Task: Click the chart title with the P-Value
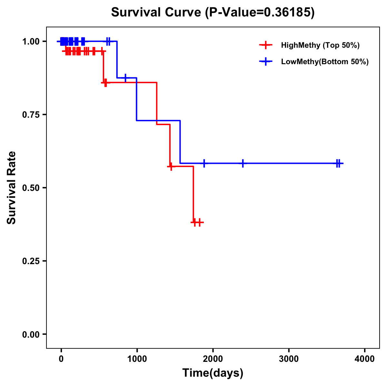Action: (x=213, y=12)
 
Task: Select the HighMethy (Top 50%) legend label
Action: (x=320, y=45)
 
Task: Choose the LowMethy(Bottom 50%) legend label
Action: (x=325, y=62)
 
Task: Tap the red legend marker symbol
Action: (x=265, y=45)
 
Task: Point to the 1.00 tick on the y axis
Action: (x=31, y=42)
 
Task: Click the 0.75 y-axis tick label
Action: (x=31, y=115)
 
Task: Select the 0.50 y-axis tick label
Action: (x=31, y=188)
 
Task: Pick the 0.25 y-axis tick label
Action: (x=31, y=261)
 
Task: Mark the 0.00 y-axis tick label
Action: (x=31, y=334)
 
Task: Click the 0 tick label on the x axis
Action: (x=61, y=359)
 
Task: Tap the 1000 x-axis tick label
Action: (x=137, y=359)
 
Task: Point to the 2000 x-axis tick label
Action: (x=213, y=359)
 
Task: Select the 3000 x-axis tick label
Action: (x=289, y=359)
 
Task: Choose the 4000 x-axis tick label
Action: (x=365, y=359)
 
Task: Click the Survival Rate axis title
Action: (x=12, y=188)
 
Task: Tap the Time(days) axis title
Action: (x=213, y=373)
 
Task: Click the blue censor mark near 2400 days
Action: (x=243, y=163)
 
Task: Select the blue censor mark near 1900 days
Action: (x=204, y=163)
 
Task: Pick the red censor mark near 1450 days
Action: (x=171, y=166)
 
